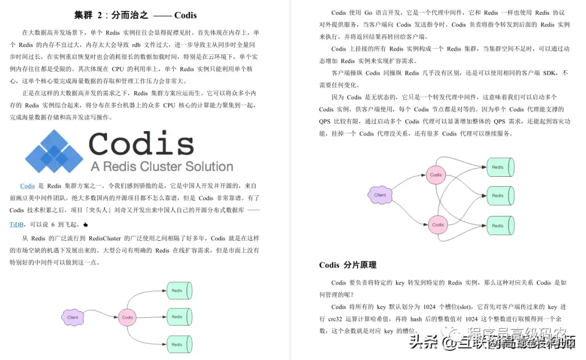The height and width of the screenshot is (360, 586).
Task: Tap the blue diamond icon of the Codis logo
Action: (53, 151)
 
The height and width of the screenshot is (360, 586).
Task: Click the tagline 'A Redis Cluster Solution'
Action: (162, 166)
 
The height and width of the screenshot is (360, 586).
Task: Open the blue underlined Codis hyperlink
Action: (28, 186)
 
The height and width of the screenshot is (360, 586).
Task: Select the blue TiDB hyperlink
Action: (17, 224)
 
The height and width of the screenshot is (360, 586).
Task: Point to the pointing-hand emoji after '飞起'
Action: (86, 224)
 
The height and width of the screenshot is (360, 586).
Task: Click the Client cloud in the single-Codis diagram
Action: (73, 317)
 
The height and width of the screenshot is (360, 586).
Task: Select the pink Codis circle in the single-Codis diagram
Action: (128, 317)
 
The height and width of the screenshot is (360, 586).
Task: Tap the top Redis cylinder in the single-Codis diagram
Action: (178, 291)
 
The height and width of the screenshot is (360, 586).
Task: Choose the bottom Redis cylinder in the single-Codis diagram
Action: (178, 344)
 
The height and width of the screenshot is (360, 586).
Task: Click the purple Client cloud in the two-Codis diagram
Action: (380, 195)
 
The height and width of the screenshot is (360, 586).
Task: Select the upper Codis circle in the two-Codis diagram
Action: (436, 175)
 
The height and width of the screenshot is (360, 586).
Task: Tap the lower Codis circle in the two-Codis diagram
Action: (437, 224)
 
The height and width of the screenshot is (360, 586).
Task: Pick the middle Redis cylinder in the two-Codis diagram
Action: (499, 196)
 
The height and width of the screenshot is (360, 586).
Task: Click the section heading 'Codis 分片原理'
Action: (347, 265)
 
